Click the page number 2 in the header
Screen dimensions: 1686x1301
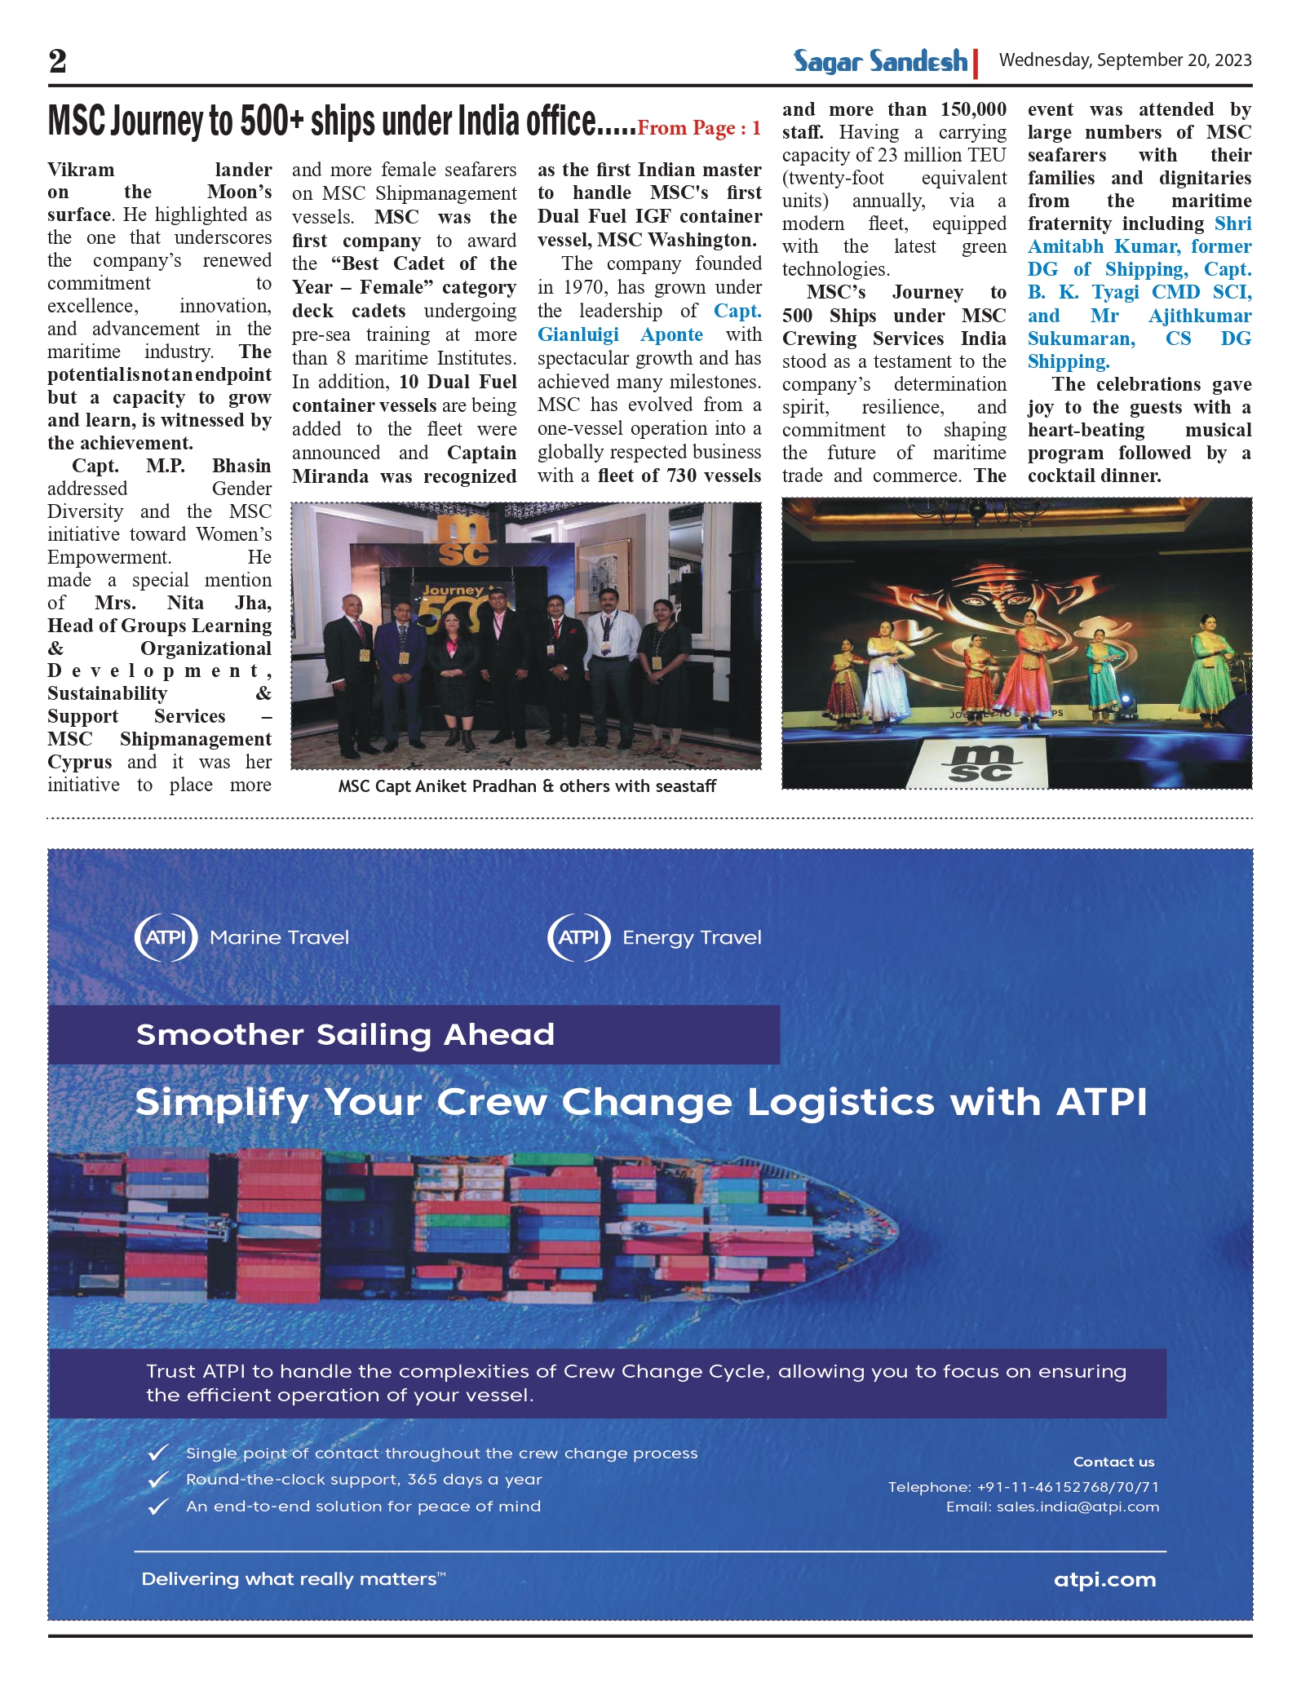[58, 61]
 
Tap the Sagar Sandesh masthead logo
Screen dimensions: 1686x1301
[881, 61]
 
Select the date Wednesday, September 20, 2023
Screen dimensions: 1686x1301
[1125, 60]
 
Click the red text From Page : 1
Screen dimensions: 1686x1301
[699, 128]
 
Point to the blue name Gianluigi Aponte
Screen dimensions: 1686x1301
[620, 334]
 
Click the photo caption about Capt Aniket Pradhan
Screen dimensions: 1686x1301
[527, 786]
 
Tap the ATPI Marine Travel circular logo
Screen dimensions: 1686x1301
[166, 937]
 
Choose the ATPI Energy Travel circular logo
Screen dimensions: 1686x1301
[579, 937]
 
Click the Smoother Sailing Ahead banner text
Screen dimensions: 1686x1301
[345, 1034]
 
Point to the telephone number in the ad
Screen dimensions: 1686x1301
[1024, 1487]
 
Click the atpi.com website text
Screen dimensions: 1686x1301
[1104, 1580]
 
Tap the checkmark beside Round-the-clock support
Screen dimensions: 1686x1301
[157, 1480]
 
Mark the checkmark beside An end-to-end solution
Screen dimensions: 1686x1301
[157, 1507]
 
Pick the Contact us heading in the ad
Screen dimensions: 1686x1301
[1113, 1462]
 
